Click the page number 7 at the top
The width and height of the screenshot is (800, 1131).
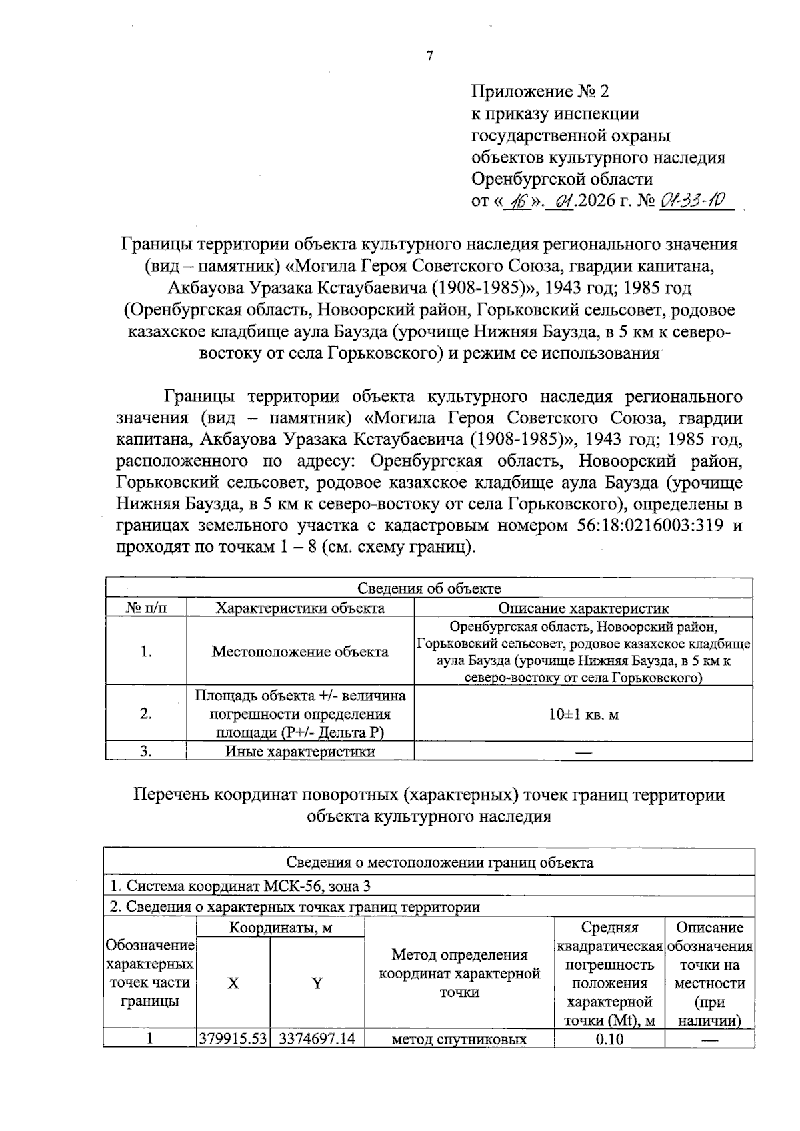point(429,56)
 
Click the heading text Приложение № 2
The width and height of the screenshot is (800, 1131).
point(540,91)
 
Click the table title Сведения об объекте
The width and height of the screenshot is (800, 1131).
point(429,588)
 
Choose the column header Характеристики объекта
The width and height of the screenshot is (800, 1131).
point(301,608)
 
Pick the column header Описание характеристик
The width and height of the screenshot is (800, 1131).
point(583,608)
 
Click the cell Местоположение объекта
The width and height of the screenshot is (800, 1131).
point(300,651)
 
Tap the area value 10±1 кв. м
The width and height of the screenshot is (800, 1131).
point(583,714)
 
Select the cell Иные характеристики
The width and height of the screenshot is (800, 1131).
point(300,752)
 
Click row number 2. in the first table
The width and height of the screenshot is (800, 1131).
point(146,714)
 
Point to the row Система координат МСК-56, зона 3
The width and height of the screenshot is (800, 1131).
point(240,886)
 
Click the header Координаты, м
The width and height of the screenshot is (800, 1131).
point(281,928)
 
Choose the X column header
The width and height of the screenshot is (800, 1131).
point(233,983)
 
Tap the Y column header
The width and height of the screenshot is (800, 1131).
point(317,983)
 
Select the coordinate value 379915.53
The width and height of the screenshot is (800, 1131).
point(233,1038)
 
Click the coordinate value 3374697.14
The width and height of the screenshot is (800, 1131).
point(317,1038)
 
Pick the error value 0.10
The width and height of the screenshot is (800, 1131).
point(609,1038)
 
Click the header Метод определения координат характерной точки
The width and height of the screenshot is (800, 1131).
point(459,974)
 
